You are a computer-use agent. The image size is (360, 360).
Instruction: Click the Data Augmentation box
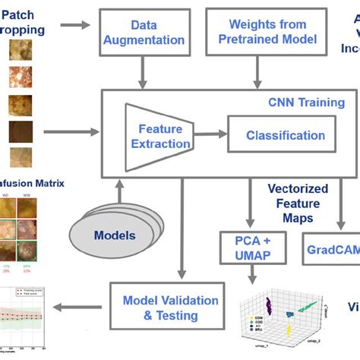tap(144, 33)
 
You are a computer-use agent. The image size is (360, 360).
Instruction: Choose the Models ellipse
tap(114, 235)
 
